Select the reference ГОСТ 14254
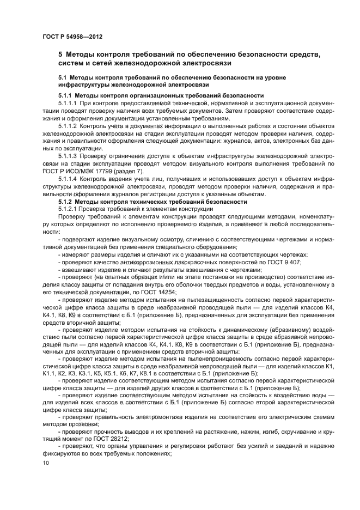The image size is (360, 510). coord(162,293)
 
